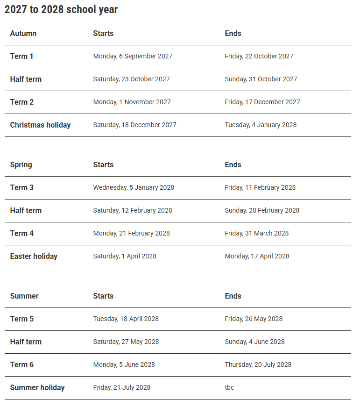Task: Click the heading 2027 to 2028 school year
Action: point(61,10)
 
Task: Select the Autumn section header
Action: point(23,33)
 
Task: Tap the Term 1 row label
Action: point(21,56)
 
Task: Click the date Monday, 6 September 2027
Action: point(133,56)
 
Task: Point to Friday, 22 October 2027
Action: point(259,56)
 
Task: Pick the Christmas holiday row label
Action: point(40,125)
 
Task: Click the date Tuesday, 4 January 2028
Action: point(261,125)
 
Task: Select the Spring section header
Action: point(21,164)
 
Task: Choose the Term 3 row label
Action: point(21,187)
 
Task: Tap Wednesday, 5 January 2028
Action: point(134,187)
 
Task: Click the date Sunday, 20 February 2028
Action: point(262,210)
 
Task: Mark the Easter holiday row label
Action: point(34,256)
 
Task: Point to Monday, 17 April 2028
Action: point(257,256)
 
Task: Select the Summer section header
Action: point(24,296)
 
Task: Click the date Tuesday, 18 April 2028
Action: point(126,319)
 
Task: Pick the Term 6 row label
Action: point(21,364)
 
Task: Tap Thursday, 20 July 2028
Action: point(258,364)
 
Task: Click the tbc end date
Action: point(229,387)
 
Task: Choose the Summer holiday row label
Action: point(37,387)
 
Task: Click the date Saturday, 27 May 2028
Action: point(126,342)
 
